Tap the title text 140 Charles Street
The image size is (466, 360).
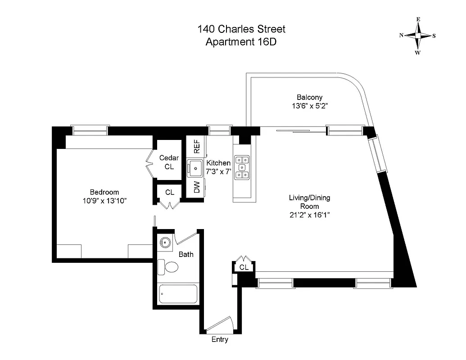(241, 30)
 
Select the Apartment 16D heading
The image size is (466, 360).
(241, 42)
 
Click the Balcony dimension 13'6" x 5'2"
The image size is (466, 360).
(309, 107)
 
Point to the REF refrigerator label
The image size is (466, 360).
(196, 147)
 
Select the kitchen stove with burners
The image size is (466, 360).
(242, 167)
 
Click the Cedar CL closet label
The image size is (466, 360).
(169, 162)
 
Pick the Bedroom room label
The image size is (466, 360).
(104, 192)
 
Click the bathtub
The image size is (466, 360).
(178, 294)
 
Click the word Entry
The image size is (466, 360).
(220, 340)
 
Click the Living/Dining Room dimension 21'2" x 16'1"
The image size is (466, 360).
(310, 215)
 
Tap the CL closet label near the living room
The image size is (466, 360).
(244, 267)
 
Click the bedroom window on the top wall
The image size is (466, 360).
(90, 130)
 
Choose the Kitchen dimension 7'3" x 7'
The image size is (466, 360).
(218, 171)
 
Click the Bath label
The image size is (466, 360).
(186, 255)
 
